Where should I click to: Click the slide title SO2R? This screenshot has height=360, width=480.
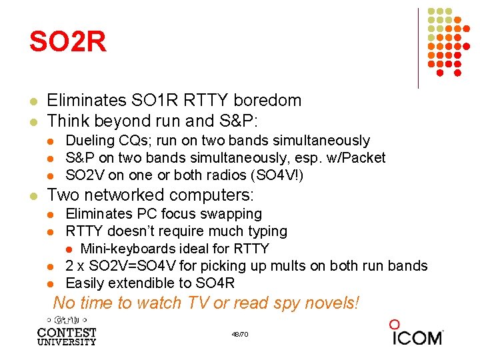[67, 42]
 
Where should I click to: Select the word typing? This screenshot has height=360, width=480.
[267, 231]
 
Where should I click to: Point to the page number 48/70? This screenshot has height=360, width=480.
[240, 334]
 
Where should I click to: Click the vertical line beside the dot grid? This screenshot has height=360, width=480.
[418, 48]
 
